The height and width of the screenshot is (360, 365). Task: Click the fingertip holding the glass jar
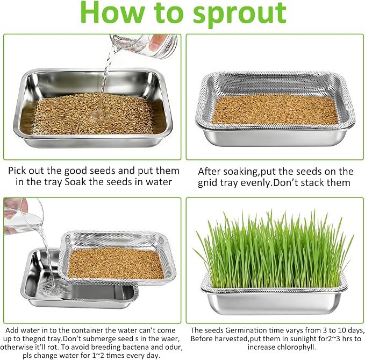(155, 43)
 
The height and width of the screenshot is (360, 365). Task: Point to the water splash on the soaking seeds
(98, 115)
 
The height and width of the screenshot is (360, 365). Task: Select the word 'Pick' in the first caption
(18, 171)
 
